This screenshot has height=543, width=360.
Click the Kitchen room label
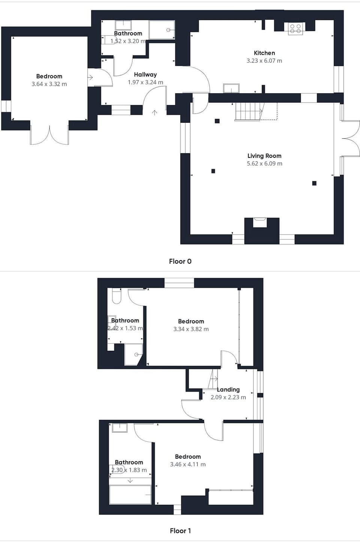pos(264,53)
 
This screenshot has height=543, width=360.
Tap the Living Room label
pos(264,156)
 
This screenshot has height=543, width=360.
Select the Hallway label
pos(145,75)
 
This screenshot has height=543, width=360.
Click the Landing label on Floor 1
pos(228,390)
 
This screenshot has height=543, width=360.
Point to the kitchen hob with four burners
pos(295,29)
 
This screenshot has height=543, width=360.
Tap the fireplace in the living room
pos(259,223)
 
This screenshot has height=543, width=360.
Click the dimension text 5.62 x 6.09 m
pos(264,164)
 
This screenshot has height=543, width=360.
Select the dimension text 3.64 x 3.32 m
pos(49,84)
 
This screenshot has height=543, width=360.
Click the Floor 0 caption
pos(180,261)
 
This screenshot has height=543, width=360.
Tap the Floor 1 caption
pos(180,531)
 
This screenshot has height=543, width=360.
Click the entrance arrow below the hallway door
pos(154,112)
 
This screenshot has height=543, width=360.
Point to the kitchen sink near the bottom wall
pos(231,88)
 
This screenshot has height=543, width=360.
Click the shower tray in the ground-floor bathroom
pos(162,30)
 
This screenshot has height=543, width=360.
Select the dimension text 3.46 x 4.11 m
pos(188,464)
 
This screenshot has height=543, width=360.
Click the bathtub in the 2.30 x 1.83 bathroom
pos(130,495)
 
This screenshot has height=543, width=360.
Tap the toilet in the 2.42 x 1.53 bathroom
pos(117,296)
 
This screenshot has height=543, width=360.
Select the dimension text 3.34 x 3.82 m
pos(191,329)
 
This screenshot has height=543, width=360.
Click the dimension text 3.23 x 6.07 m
pos(264,61)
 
